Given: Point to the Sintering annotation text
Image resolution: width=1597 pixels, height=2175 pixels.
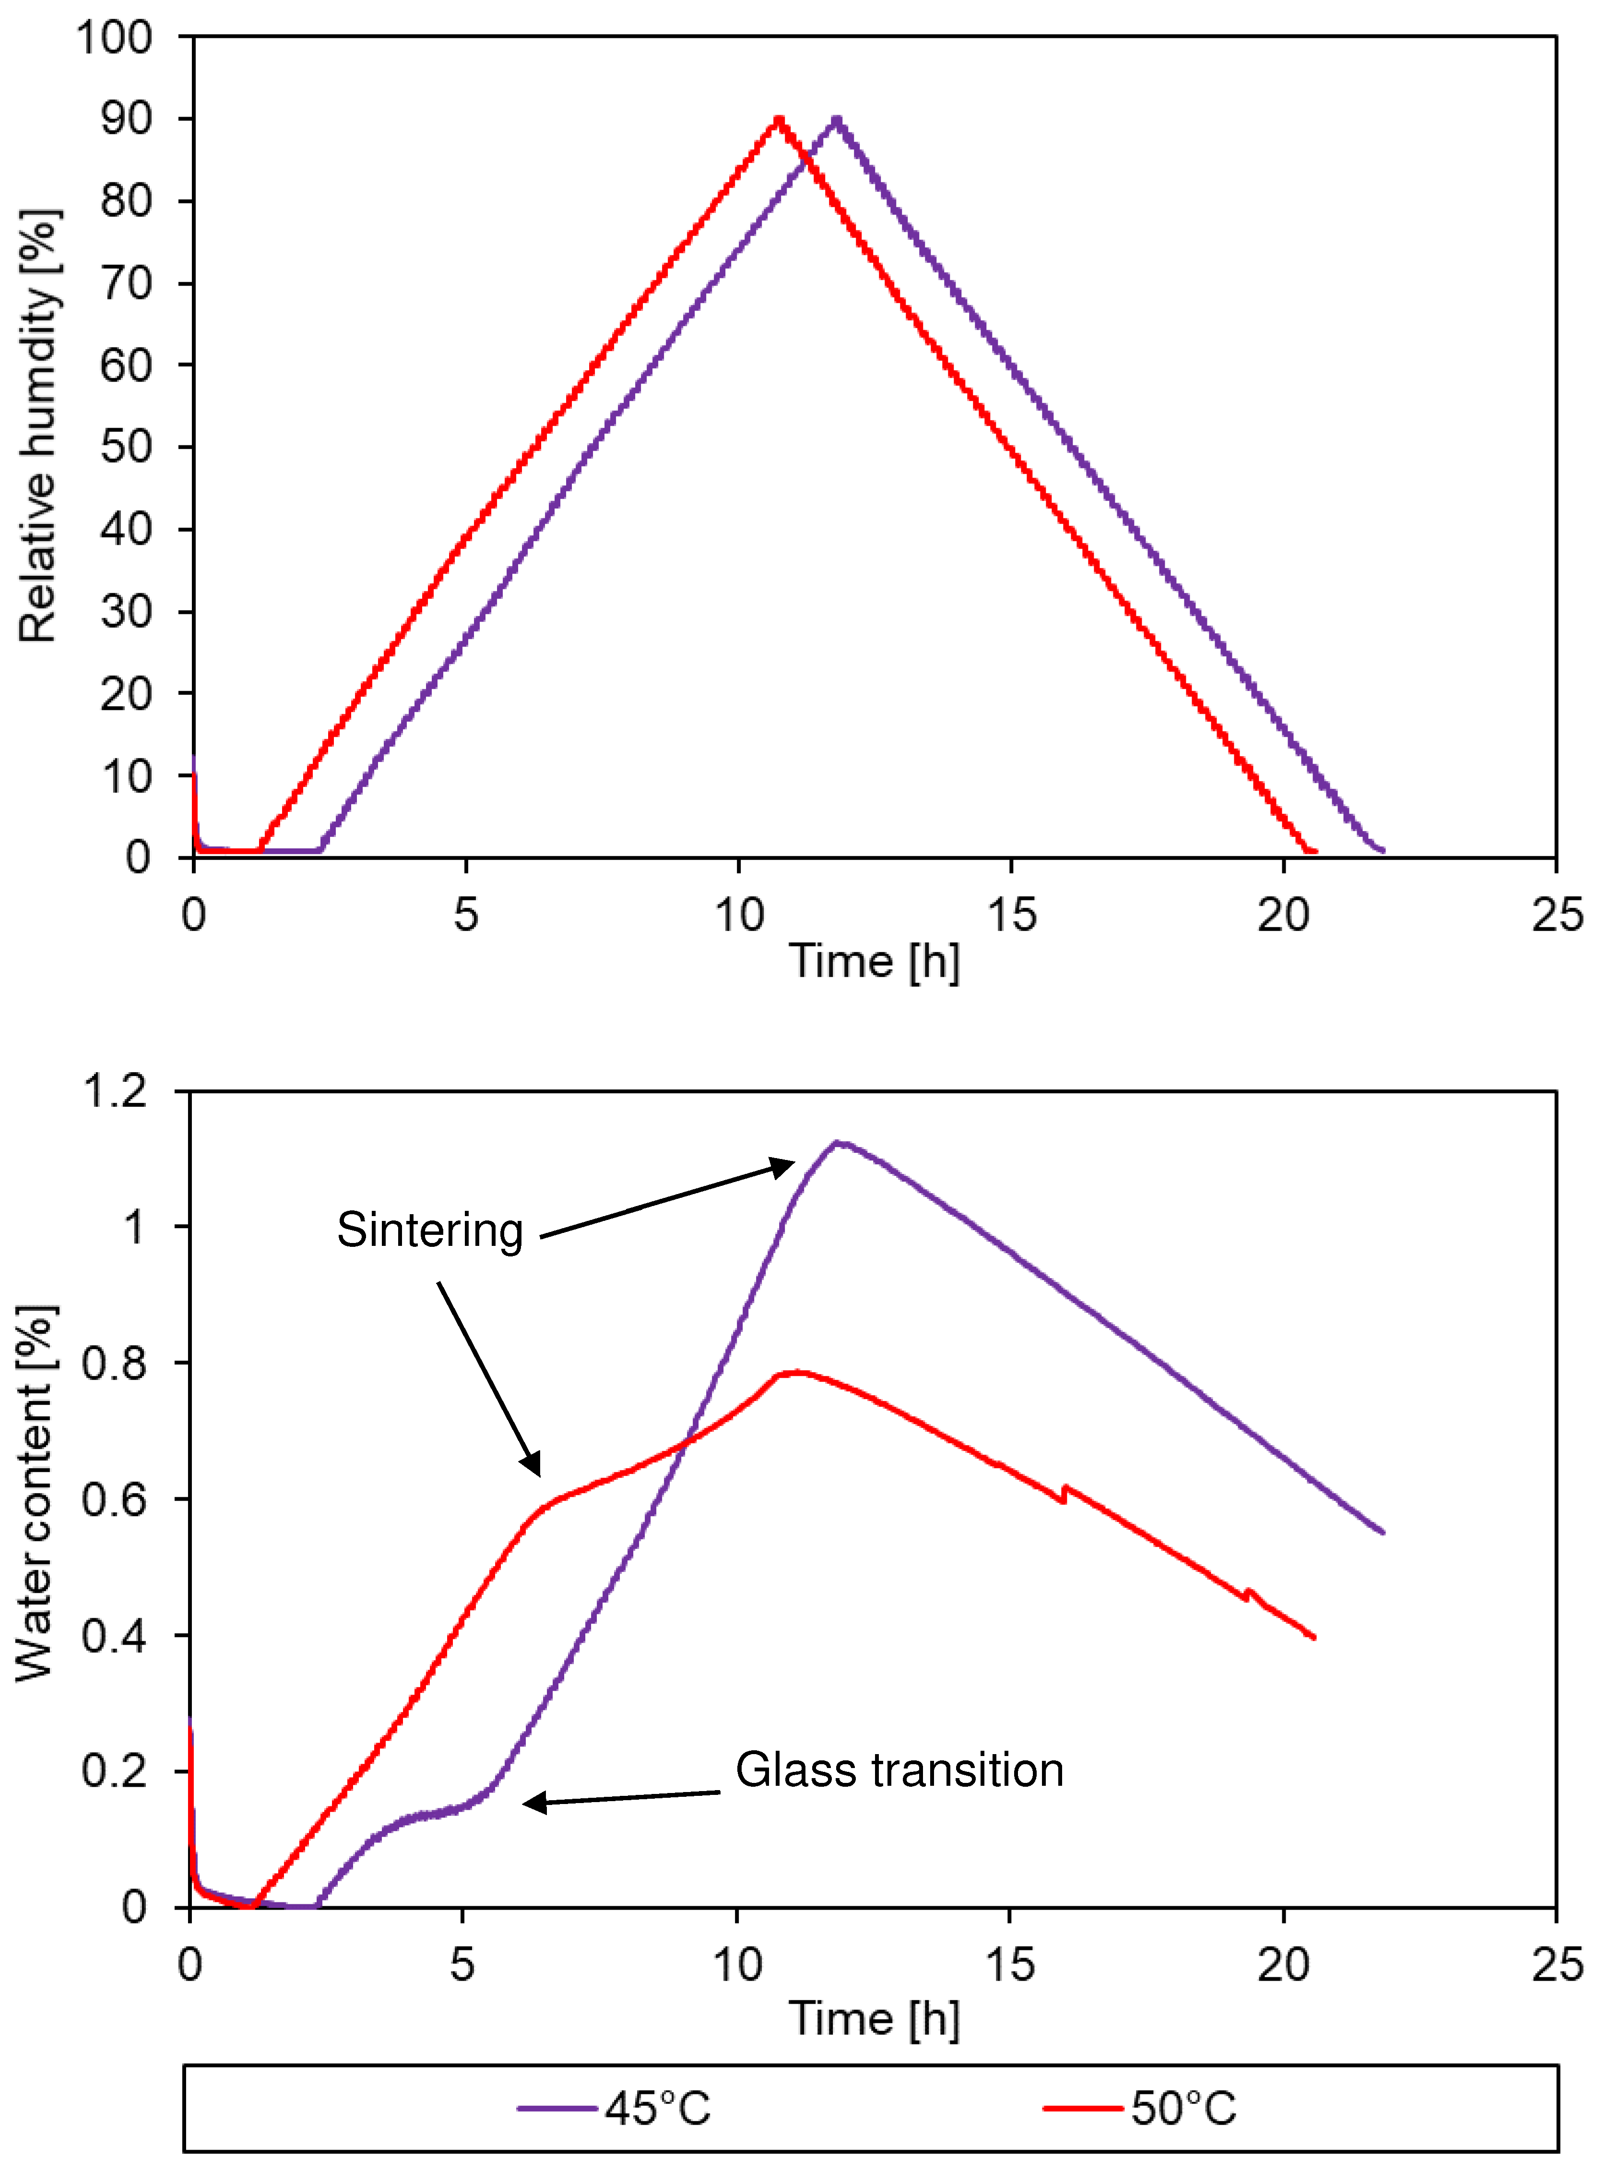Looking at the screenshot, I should tap(430, 1230).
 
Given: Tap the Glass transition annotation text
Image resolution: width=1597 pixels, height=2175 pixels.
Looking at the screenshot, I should tap(899, 1770).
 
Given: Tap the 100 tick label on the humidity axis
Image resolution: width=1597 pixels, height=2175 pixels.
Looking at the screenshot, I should tap(114, 39).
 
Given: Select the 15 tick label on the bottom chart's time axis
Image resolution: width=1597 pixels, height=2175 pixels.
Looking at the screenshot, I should tap(1010, 1965).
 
